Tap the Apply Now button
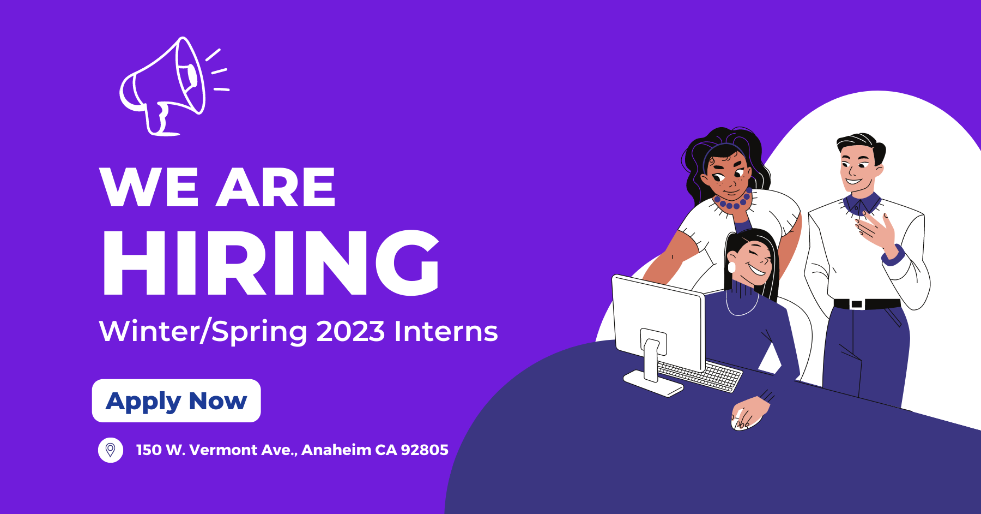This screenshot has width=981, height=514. pos(176,401)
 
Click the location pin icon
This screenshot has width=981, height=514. pos(111,450)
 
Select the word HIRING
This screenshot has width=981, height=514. pos(271,263)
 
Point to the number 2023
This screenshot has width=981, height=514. pos(350,331)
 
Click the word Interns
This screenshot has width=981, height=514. pos(446,331)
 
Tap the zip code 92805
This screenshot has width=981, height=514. pos(425,450)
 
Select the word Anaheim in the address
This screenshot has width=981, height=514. pos(336,450)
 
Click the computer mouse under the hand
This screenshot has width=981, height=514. pos(740,422)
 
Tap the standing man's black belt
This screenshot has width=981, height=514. pos(867,303)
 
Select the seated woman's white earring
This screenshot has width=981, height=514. pos(732,267)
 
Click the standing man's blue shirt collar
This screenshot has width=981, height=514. pos(862,204)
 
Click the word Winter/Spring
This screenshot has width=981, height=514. pos(203,332)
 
